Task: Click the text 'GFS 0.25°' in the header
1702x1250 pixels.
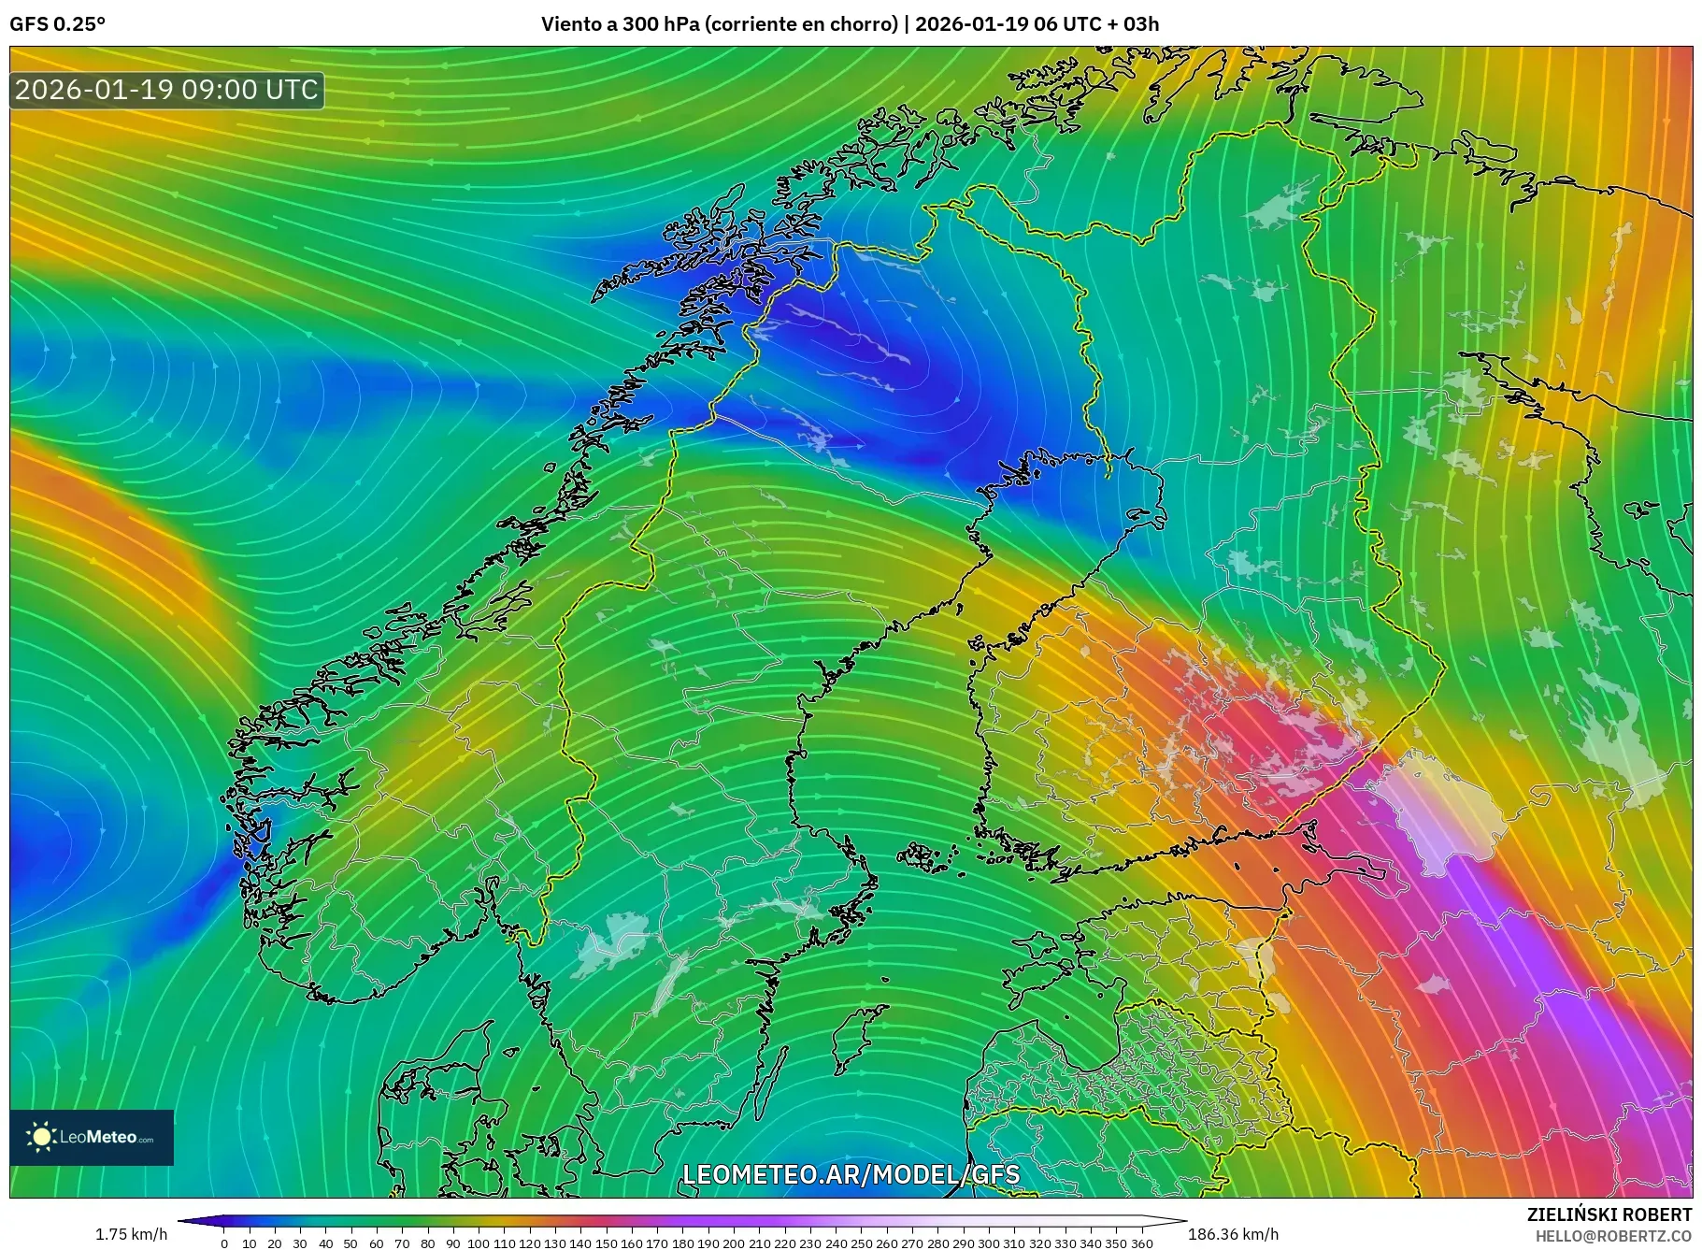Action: point(57,24)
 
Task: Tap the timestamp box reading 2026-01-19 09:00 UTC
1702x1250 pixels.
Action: point(167,90)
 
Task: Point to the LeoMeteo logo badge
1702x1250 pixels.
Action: point(92,1137)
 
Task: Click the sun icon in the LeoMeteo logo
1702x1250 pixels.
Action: point(41,1137)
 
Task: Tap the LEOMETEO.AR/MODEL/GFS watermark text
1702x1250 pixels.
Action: point(851,1174)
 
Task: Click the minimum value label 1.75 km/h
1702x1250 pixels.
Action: point(131,1234)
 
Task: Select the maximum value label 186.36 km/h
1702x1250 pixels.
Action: point(1233,1234)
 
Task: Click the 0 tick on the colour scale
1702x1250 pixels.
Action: point(224,1243)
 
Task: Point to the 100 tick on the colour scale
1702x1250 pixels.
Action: point(479,1243)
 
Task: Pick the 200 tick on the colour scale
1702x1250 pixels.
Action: point(734,1243)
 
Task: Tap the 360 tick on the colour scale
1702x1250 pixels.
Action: point(1141,1243)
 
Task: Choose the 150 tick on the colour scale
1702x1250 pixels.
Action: point(606,1243)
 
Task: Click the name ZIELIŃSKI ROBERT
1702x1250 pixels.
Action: point(1609,1214)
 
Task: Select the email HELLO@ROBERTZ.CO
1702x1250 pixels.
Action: point(1613,1236)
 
